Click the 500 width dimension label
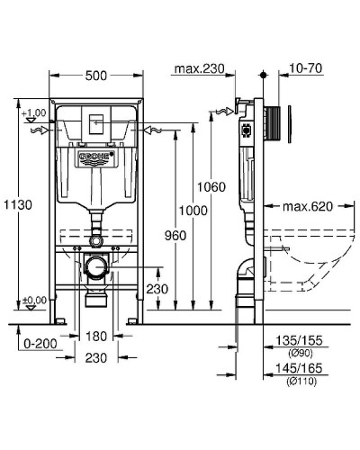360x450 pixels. [96, 76]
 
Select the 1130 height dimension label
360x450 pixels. [18, 205]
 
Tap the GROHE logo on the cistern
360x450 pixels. [96, 157]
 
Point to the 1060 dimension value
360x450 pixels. [211, 187]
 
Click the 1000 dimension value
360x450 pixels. [193, 211]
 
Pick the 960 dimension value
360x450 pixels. [175, 236]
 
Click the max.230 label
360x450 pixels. [199, 68]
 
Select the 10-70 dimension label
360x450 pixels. [306, 68]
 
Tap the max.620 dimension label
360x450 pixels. [308, 206]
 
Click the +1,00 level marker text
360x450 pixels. [34, 113]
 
